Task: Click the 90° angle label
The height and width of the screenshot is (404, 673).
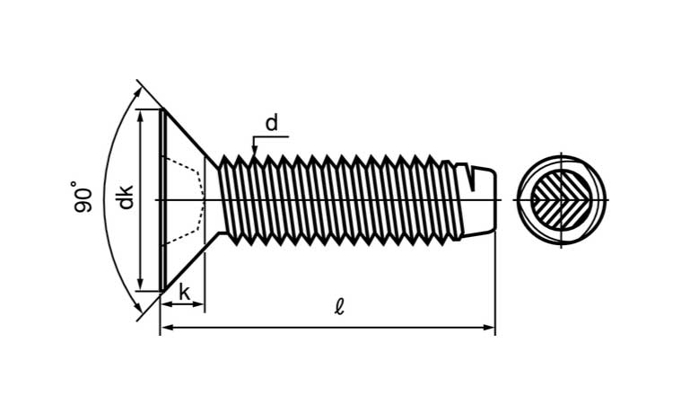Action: pos(83,197)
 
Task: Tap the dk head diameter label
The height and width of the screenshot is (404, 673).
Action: pos(126,197)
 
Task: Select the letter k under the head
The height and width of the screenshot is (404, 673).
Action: pos(184,292)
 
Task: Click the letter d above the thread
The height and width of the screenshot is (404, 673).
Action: pos(271,122)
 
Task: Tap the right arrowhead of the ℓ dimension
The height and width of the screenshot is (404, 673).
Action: pos(490,329)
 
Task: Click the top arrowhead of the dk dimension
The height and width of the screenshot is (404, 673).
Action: pos(141,114)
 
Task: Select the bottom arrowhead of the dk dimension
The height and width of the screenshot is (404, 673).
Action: pos(141,285)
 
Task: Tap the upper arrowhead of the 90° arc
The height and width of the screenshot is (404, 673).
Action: pos(137,88)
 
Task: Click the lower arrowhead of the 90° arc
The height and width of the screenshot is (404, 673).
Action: pos(137,312)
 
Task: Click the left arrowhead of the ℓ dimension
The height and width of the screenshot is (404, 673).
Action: pos(165,329)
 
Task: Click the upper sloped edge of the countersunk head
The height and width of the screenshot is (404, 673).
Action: pos(186,135)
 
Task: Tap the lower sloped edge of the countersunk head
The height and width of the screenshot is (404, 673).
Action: pos(186,264)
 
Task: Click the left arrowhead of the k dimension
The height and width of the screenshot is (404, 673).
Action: pos(165,304)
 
